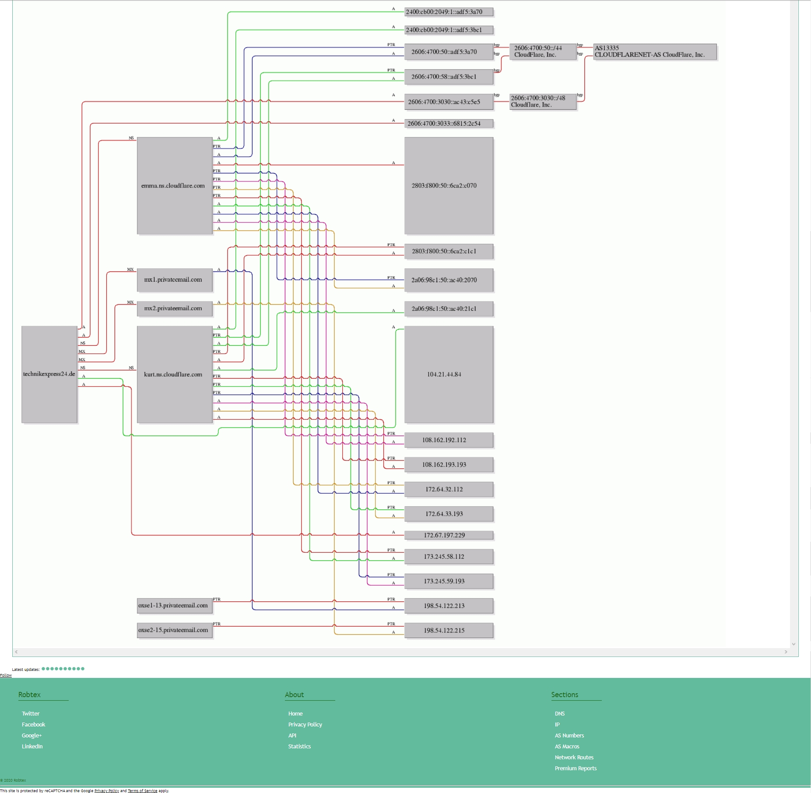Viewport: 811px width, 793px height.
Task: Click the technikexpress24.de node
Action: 49,374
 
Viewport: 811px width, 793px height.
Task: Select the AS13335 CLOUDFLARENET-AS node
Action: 654,52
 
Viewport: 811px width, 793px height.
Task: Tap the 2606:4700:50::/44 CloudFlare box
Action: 542,52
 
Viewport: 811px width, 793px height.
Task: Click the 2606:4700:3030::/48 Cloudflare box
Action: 542,102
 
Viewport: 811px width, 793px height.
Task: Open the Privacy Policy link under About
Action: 305,725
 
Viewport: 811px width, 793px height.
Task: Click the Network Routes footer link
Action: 574,758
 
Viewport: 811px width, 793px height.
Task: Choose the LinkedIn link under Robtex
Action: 32,747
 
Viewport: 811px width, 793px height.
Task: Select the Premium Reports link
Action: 576,768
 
